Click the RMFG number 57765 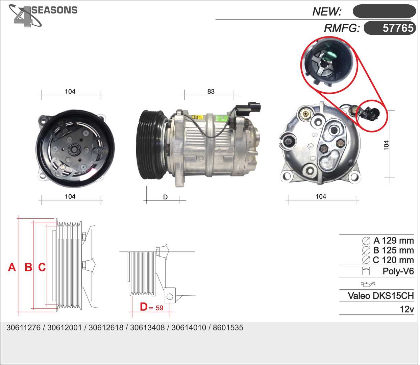coord(398,28)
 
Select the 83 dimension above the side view coord(211,92)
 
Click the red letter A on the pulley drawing coord(12,267)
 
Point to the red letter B coord(28,267)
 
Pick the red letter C coord(42,267)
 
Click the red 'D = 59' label coord(152,307)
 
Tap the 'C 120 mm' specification coord(393,260)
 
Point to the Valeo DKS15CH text coord(381,296)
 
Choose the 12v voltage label coord(407,309)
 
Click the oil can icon coord(368,284)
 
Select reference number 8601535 coord(228,327)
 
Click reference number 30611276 coord(23,327)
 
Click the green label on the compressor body coord(221,118)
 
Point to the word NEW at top coord(326,11)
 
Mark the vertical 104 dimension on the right coord(386,145)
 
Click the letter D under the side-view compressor coord(165,197)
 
